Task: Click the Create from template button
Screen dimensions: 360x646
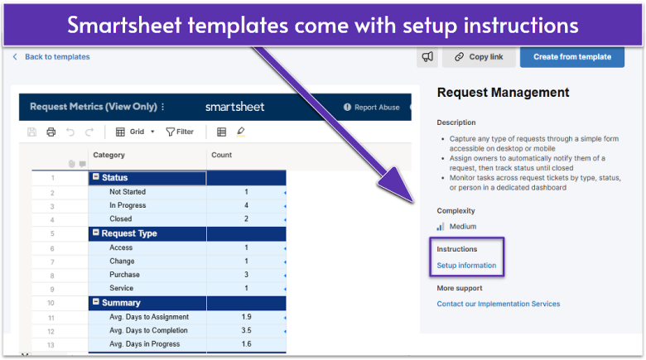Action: pyautogui.click(x=572, y=56)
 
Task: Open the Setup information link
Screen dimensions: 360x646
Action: pyautogui.click(x=466, y=266)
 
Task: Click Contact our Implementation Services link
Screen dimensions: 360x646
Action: pyautogui.click(x=498, y=304)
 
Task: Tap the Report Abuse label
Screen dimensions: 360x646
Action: pyautogui.click(x=376, y=107)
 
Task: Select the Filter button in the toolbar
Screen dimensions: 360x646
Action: pyautogui.click(x=180, y=132)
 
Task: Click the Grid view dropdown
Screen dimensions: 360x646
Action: pyautogui.click(x=135, y=132)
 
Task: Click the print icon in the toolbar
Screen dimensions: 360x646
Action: pyautogui.click(x=51, y=132)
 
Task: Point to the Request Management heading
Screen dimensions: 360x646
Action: pyautogui.click(x=503, y=93)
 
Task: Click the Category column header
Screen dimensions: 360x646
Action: pyautogui.click(x=109, y=155)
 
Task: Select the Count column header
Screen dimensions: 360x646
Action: pyautogui.click(x=222, y=155)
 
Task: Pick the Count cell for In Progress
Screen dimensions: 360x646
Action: pyautogui.click(x=246, y=205)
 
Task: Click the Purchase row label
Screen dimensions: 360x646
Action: pyautogui.click(x=124, y=275)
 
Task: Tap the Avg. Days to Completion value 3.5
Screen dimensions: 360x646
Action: pyautogui.click(x=245, y=331)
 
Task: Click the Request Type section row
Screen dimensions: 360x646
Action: pyautogui.click(x=129, y=233)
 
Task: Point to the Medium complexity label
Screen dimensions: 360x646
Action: pyautogui.click(x=463, y=226)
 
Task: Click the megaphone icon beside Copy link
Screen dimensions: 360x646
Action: pyautogui.click(x=427, y=56)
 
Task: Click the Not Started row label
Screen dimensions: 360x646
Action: pyautogui.click(x=128, y=192)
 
